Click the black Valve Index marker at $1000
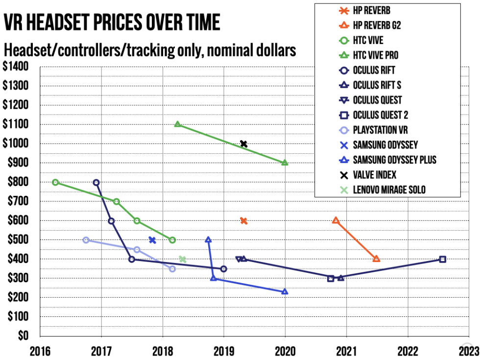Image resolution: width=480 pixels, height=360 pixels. click(x=243, y=144)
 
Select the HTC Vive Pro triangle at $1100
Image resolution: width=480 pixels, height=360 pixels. click(x=177, y=124)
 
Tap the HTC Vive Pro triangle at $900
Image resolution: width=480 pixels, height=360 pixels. click(x=285, y=163)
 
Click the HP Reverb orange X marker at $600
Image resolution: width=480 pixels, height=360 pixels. click(x=243, y=221)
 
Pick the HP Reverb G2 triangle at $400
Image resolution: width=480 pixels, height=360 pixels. click(x=376, y=259)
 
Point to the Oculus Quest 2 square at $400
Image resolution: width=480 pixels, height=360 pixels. click(x=442, y=259)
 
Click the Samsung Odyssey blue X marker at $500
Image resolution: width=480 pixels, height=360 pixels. click(x=152, y=240)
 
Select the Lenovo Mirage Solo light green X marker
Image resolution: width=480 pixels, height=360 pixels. click(x=182, y=259)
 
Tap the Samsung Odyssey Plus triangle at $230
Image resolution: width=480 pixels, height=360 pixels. click(x=285, y=291)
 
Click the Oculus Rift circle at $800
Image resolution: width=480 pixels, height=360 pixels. click(x=96, y=182)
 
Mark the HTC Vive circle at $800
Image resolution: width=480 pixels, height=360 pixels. click(x=55, y=182)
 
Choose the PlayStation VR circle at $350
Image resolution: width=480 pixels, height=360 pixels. click(x=172, y=269)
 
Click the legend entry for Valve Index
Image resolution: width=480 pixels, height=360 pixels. click(x=374, y=175)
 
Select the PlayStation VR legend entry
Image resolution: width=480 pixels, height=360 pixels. click(x=380, y=130)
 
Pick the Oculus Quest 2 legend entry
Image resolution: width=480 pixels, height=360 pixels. click(x=380, y=115)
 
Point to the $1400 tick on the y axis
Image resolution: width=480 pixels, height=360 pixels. click(x=16, y=67)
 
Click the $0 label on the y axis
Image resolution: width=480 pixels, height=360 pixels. click(x=22, y=336)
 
